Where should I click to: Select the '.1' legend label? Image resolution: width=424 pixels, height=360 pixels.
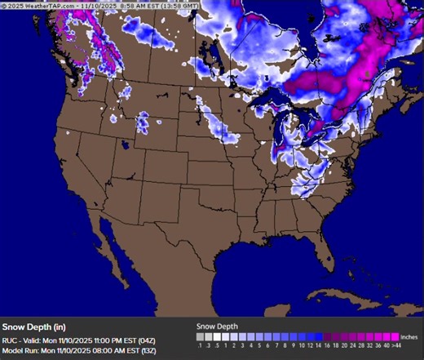(201, 345)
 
